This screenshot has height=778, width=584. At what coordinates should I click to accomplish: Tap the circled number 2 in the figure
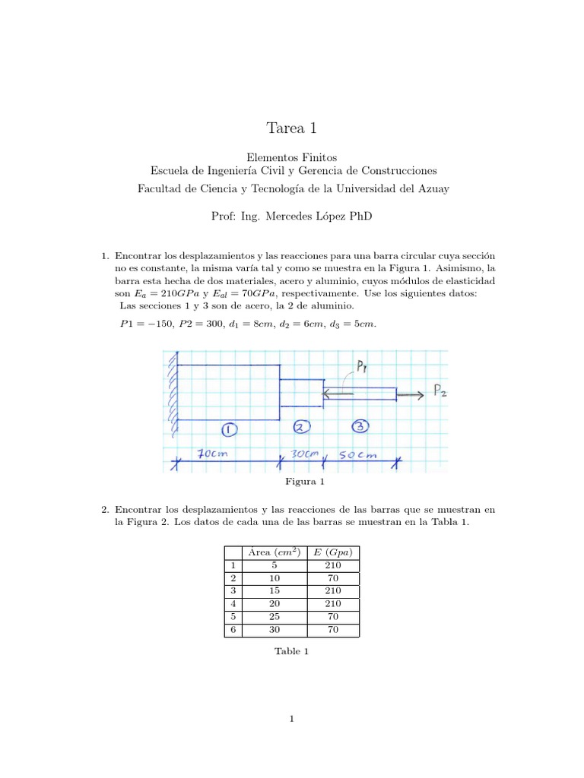click(301, 427)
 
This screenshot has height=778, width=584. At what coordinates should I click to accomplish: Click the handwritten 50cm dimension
click(357, 455)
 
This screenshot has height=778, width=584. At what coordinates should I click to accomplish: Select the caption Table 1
click(292, 651)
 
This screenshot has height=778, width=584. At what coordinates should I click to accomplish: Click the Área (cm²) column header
click(272, 552)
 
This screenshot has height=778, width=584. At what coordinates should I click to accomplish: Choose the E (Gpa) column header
click(333, 552)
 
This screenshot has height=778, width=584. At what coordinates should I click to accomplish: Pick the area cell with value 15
click(272, 590)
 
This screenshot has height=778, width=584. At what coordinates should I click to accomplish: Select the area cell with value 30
click(272, 629)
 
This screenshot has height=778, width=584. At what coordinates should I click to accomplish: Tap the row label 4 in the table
click(232, 603)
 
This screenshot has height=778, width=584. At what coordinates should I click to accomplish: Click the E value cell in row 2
click(333, 577)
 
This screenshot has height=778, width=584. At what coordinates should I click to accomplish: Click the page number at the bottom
click(292, 719)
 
